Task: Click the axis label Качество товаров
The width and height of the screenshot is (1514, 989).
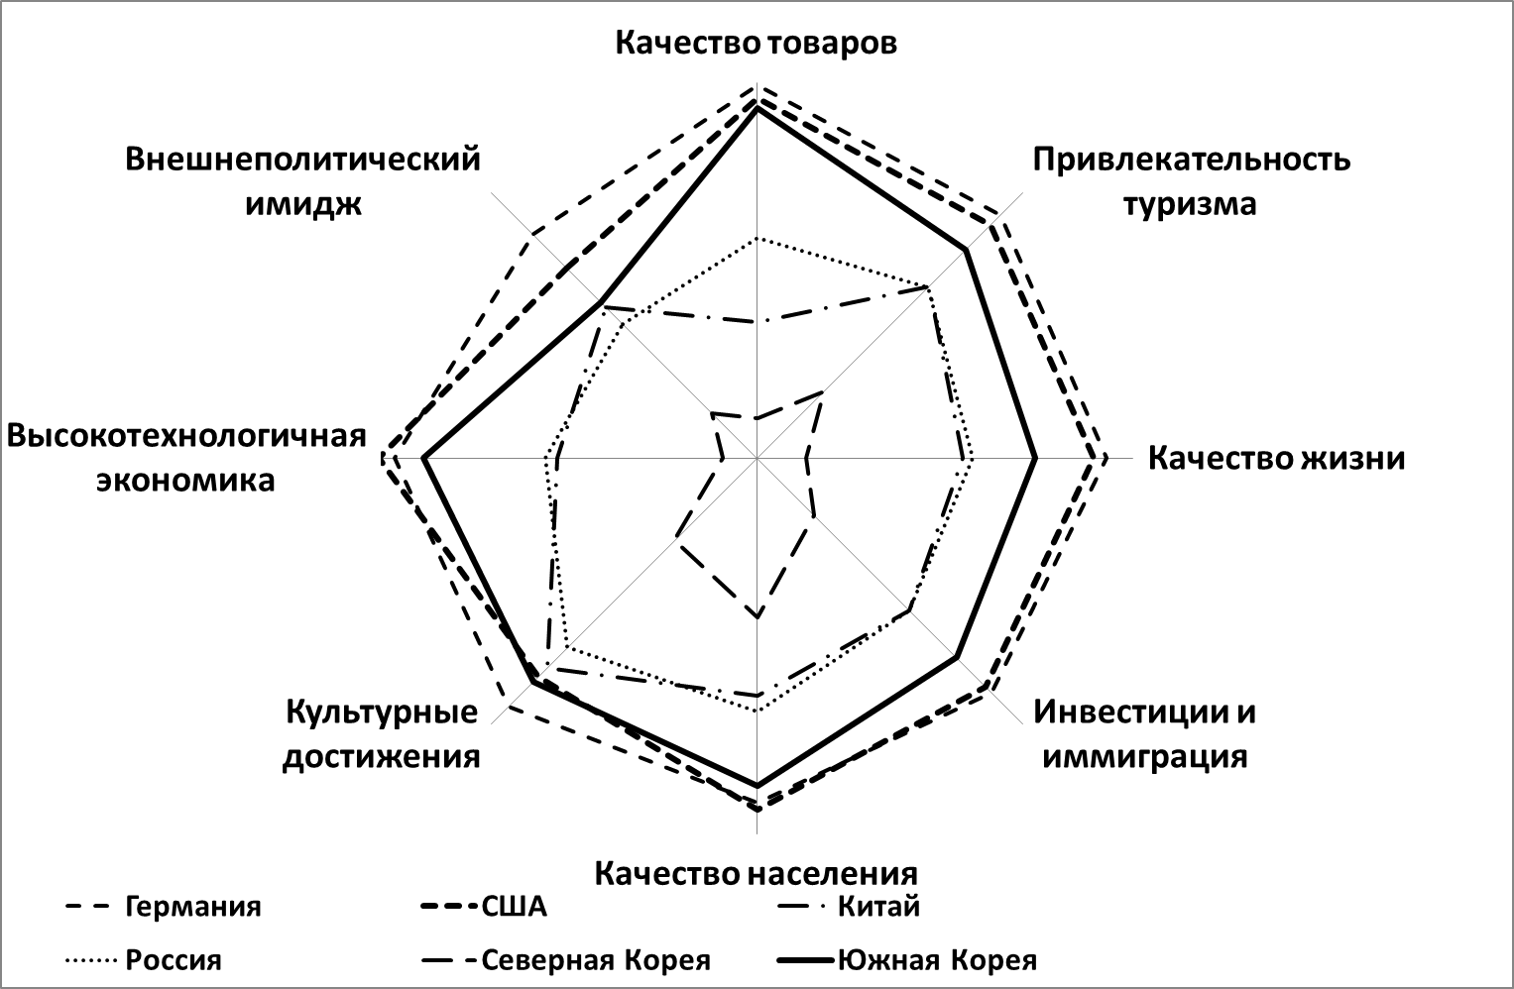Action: (757, 43)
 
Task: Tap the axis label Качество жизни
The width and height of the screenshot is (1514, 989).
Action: (1277, 458)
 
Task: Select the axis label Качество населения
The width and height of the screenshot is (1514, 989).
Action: (757, 873)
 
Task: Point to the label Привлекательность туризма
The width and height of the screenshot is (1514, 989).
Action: (1191, 181)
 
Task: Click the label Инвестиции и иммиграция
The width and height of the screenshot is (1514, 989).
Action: (1144, 733)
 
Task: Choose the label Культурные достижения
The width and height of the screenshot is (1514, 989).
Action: (382, 733)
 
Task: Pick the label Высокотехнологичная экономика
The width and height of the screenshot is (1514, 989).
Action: (186, 458)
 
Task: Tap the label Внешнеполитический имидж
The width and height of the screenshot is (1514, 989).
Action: (302, 181)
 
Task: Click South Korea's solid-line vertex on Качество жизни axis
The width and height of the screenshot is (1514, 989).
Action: (1035, 459)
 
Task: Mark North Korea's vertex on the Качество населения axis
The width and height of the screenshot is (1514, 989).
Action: (757, 617)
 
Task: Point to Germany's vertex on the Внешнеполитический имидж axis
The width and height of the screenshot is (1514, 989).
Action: (531, 234)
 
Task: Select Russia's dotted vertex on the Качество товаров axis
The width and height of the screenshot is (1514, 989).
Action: (757, 238)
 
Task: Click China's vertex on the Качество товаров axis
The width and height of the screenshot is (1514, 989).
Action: (757, 322)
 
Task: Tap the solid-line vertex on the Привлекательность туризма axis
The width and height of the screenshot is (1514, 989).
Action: (966, 250)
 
